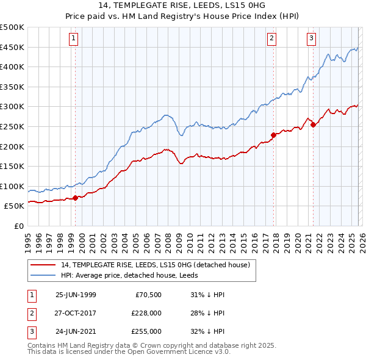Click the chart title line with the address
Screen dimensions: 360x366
point(182,5)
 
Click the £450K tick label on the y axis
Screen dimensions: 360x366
point(12,48)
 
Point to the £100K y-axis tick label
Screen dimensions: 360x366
point(12,186)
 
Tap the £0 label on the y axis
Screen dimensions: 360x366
point(18,226)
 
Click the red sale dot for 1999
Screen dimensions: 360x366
point(76,198)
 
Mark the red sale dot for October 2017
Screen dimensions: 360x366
point(273,135)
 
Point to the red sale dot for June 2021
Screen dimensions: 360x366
point(313,124)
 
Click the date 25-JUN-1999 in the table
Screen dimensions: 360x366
point(76,295)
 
